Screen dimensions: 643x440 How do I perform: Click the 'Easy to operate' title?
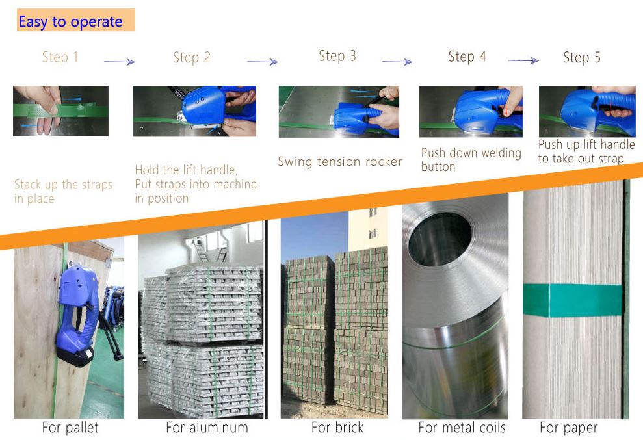pyautogui.click(x=70, y=21)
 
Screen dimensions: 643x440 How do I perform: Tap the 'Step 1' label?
pyautogui.click(x=60, y=57)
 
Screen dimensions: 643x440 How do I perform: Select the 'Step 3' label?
pyautogui.click(x=337, y=56)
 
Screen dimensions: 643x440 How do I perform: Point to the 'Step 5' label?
pyautogui.click(x=581, y=57)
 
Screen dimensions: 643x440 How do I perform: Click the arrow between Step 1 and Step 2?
pyautogui.click(x=120, y=62)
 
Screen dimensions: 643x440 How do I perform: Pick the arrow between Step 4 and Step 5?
pyautogui.click(x=523, y=60)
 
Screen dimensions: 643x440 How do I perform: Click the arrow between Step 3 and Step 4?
pyautogui.click(x=397, y=62)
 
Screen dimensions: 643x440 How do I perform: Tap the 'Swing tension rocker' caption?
pyautogui.click(x=340, y=162)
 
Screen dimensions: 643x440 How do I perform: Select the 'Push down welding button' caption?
pyautogui.click(x=471, y=159)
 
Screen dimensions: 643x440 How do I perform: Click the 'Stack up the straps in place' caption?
pyautogui.click(x=63, y=191)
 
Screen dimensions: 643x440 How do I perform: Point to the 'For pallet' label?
pyautogui.click(x=70, y=427)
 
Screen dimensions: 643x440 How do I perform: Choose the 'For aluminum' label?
pyautogui.click(x=207, y=427)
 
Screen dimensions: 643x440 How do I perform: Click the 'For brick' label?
pyautogui.click(x=337, y=427)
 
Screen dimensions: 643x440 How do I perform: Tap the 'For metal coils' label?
pyautogui.click(x=462, y=427)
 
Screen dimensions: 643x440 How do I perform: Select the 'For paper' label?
pyautogui.click(x=569, y=428)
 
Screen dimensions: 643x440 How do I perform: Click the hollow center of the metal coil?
pyautogui.click(x=441, y=239)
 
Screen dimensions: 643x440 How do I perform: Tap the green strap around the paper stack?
pyautogui.click(x=573, y=300)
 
